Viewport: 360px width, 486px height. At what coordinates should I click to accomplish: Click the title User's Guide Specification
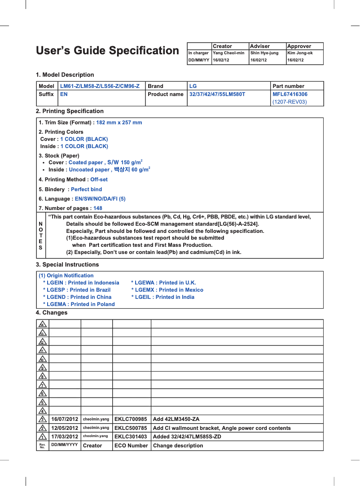[x=107, y=51]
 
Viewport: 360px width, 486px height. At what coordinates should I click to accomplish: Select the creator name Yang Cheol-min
[x=228, y=53]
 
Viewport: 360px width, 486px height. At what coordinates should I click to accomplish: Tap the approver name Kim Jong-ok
[x=300, y=53]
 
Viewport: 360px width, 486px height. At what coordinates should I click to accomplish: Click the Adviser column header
[x=260, y=46]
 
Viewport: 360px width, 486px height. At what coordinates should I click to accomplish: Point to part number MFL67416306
[x=290, y=94]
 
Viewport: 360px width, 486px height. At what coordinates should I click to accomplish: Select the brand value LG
[x=193, y=86]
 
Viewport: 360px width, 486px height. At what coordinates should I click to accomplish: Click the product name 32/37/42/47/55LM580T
[x=217, y=94]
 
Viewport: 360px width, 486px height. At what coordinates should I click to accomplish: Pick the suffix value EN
[x=64, y=94]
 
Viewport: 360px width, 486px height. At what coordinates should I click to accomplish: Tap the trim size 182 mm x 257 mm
[x=119, y=123]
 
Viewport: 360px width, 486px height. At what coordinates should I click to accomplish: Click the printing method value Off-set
[x=99, y=180]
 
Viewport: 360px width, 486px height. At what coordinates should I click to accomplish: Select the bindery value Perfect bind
[x=86, y=189]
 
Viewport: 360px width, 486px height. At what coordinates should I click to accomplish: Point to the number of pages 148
[x=97, y=208]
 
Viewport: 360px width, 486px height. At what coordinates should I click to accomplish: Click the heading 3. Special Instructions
[x=67, y=265]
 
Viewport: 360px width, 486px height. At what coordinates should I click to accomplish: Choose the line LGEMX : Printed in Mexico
[x=167, y=290]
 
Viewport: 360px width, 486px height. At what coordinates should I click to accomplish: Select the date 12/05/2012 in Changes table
[x=65, y=428]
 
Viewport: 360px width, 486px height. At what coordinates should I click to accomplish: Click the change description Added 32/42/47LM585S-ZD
[x=187, y=437]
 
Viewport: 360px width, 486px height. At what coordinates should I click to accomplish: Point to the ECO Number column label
[x=131, y=446]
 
